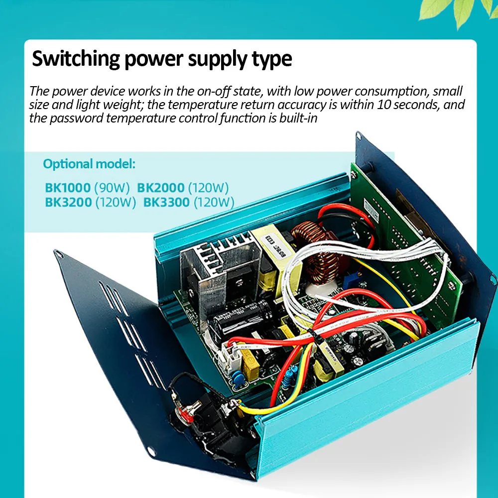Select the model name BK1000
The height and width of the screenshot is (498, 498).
click(68, 188)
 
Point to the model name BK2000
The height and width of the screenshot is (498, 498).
click(161, 188)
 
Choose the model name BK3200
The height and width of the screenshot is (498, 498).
click(68, 203)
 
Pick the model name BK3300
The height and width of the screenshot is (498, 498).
click(166, 203)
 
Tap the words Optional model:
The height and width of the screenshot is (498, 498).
click(89, 164)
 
